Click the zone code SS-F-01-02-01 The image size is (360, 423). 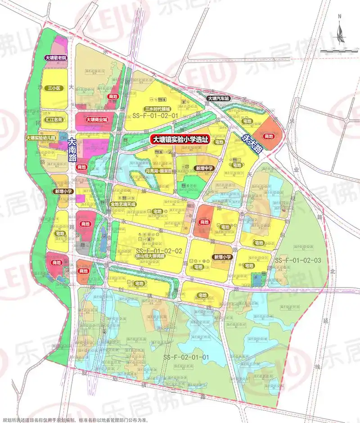pos(156,116)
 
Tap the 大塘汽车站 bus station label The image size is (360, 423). pos(218,98)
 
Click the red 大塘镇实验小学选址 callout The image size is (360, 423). pos(180,140)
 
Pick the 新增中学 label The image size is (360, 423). pos(204,168)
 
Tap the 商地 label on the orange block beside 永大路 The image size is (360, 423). pos(269,136)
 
